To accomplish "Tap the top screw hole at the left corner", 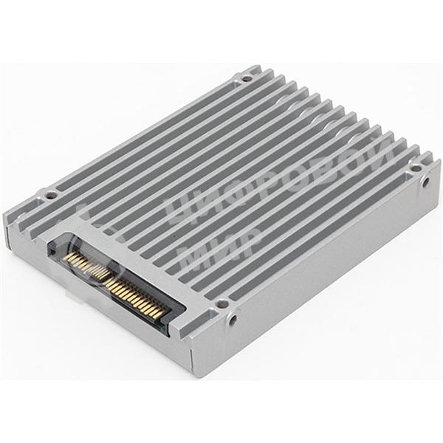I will (x=50, y=196).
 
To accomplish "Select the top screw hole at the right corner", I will (x=416, y=168).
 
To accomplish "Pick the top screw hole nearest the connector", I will (x=221, y=303).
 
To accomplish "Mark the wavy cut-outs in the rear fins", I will (x=310, y=111).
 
